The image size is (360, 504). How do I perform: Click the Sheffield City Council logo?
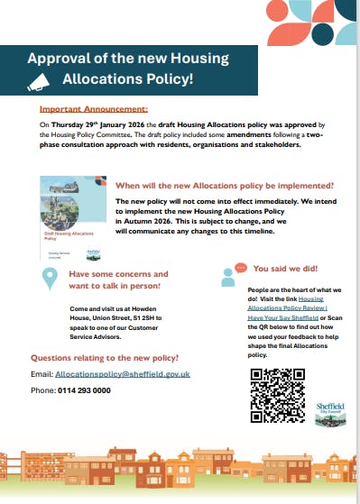pos(330,412)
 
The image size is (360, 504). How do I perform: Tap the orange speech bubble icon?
pos(240,269)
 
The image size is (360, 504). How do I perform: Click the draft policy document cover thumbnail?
pos(70,217)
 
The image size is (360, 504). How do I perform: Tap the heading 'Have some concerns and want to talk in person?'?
pos(118,279)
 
